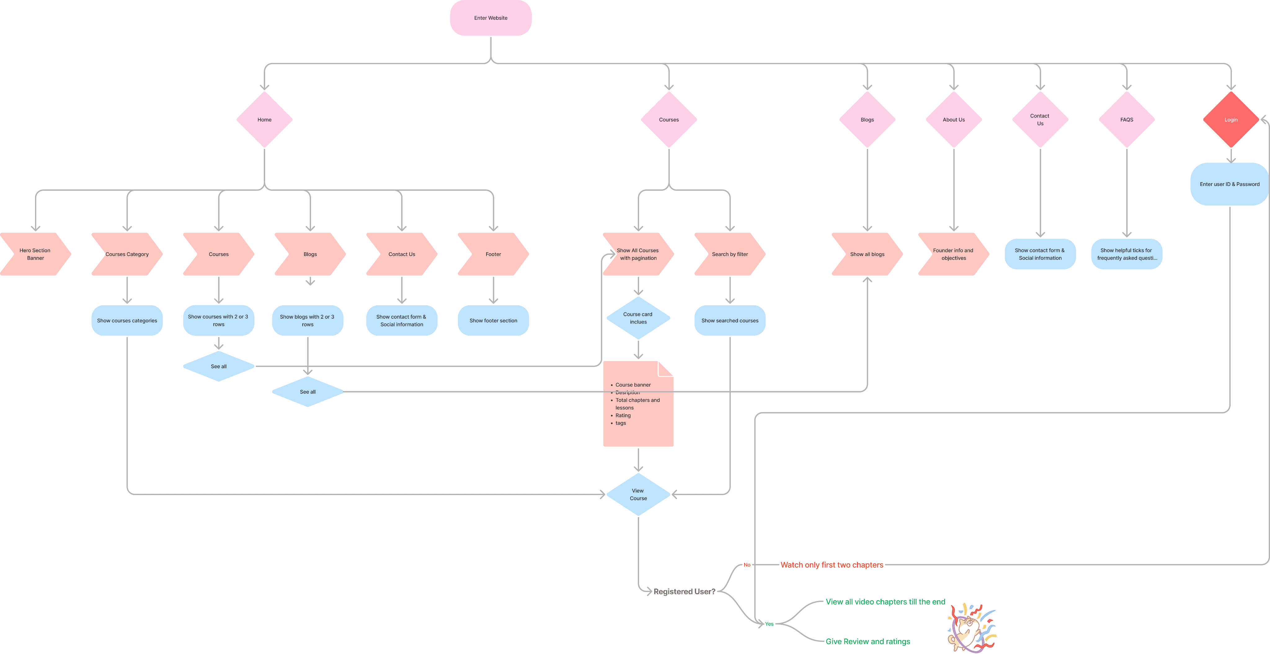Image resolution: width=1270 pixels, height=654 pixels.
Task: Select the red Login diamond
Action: pyautogui.click(x=1231, y=120)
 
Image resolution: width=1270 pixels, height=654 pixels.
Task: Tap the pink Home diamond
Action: pyautogui.click(x=264, y=120)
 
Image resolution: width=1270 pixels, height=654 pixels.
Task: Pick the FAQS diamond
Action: pyautogui.click(x=1126, y=120)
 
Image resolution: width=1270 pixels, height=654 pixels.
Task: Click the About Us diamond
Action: pyautogui.click(x=953, y=120)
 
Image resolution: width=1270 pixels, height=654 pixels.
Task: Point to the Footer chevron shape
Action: pyautogui.click(x=493, y=254)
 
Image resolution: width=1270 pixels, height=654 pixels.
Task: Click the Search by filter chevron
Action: pyautogui.click(x=730, y=254)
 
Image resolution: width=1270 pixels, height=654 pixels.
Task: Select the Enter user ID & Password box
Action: pyautogui.click(x=1229, y=184)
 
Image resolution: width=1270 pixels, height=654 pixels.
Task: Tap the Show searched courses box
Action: pyautogui.click(x=730, y=321)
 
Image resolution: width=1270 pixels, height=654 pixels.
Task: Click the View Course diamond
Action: pyautogui.click(x=638, y=495)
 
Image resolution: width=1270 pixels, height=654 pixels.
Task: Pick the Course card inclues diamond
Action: pyautogui.click(x=638, y=318)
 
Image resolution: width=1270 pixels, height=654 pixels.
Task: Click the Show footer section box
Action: pyautogui.click(x=493, y=321)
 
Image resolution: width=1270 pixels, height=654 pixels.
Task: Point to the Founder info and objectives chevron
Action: pyautogui.click(x=953, y=254)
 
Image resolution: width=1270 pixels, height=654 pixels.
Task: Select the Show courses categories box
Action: pyautogui.click(x=127, y=321)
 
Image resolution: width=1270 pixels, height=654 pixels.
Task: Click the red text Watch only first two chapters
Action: pyautogui.click(x=832, y=565)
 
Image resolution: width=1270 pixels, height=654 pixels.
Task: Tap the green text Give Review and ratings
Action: pyautogui.click(x=868, y=642)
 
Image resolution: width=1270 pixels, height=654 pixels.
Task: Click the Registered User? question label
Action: pyautogui.click(x=684, y=591)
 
